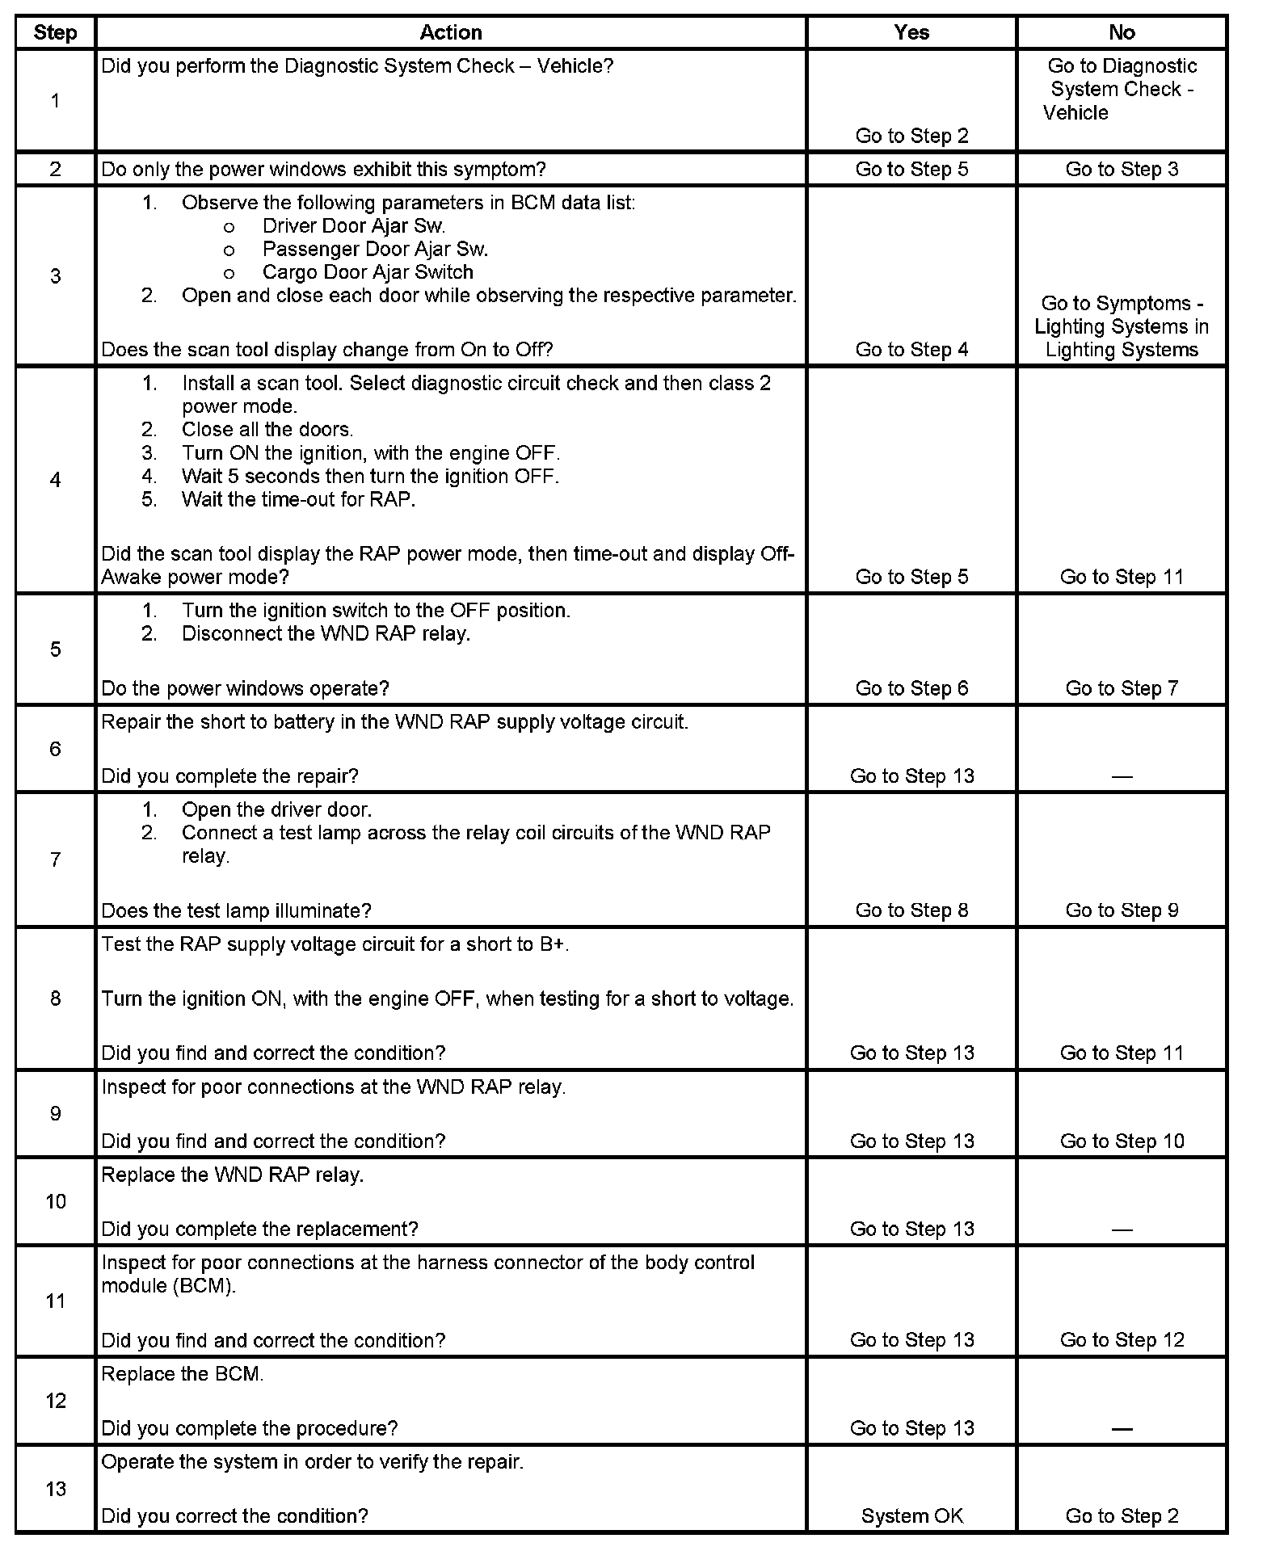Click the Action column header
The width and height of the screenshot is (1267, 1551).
451,32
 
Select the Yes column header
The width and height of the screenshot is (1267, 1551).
911,32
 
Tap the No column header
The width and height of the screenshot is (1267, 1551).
1122,32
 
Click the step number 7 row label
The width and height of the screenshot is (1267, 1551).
55,860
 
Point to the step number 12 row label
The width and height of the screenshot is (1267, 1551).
55,1401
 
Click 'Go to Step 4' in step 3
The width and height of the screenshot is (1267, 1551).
911,350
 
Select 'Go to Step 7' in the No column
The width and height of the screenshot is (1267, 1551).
1122,688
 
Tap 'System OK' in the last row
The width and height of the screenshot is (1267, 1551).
911,1516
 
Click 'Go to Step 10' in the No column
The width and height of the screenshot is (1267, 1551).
1122,1141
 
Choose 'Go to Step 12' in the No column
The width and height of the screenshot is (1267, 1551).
1122,1340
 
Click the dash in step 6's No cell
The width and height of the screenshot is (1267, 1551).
1122,776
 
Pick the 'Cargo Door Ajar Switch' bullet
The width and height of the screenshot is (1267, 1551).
368,272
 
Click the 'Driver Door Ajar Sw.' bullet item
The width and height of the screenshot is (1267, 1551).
354,226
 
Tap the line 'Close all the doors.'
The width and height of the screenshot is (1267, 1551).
267,430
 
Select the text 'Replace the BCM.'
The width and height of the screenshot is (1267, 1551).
183,1374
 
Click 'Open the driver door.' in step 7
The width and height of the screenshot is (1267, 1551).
276,809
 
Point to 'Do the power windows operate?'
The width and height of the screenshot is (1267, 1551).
245,688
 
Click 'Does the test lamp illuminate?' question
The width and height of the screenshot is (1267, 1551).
236,910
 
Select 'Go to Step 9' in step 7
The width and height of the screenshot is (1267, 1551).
1122,910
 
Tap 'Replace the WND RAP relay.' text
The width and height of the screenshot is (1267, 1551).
233,1175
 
